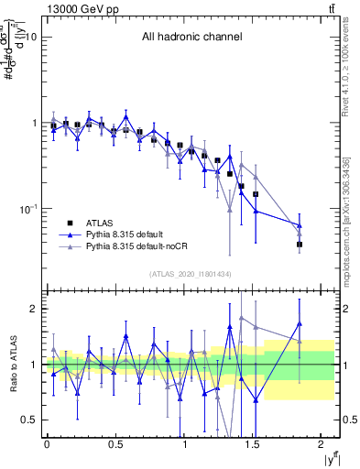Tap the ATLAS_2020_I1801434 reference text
point(191,274)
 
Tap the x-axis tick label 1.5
point(254,444)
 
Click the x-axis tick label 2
point(323,444)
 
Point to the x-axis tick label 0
point(47,444)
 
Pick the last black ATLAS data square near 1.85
point(300,245)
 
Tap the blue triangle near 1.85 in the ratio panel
point(300,323)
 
